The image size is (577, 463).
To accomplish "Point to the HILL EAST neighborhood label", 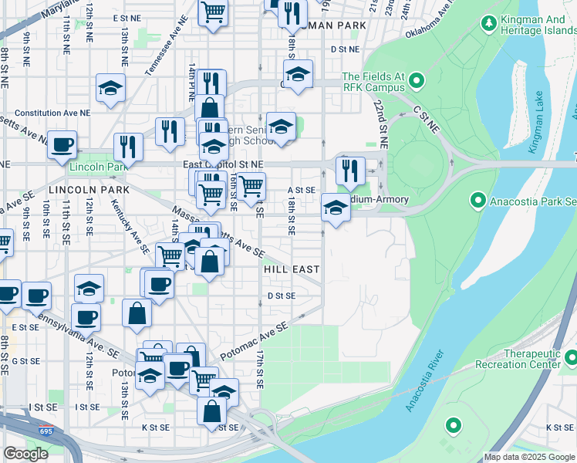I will point(291,269).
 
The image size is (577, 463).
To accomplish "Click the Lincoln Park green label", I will point(97,167).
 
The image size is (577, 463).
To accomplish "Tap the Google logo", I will point(25,454).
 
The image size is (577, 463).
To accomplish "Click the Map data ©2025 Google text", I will point(529,457).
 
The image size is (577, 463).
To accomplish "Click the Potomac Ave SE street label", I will point(254,340).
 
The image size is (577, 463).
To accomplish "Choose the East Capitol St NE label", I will point(223,164).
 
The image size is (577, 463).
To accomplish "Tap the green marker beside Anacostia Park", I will point(477,201).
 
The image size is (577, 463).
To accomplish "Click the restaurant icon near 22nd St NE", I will point(351,170).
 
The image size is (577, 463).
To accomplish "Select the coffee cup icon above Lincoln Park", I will point(62,144).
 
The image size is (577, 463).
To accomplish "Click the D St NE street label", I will point(345,49).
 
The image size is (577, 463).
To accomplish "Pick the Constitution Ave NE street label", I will point(47,113).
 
